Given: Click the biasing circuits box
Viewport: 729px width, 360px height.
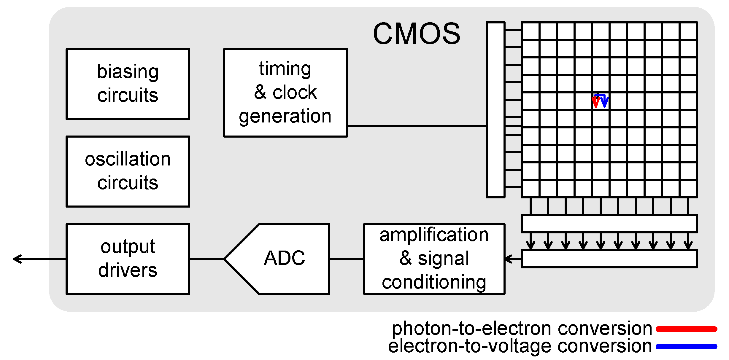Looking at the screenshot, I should point(128,84).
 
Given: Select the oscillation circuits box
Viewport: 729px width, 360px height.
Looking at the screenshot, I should point(128,171).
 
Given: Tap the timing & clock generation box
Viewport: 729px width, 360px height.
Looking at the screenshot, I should point(285,93).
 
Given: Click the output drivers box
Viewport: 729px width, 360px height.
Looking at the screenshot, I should point(128,259).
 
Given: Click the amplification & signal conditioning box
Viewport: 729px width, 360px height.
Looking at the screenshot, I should point(434,259).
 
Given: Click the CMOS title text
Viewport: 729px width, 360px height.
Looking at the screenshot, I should point(417,34).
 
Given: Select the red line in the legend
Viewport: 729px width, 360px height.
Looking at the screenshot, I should point(686,329).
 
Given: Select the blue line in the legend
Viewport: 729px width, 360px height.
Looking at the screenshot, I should point(686,346).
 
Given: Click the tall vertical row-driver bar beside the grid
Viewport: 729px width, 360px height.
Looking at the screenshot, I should point(495,109).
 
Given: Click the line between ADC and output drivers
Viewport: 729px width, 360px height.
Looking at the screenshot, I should point(207,259).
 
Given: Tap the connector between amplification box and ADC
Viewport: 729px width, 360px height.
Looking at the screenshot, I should point(347,259).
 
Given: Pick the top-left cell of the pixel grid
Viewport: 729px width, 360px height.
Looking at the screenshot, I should point(531,31).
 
